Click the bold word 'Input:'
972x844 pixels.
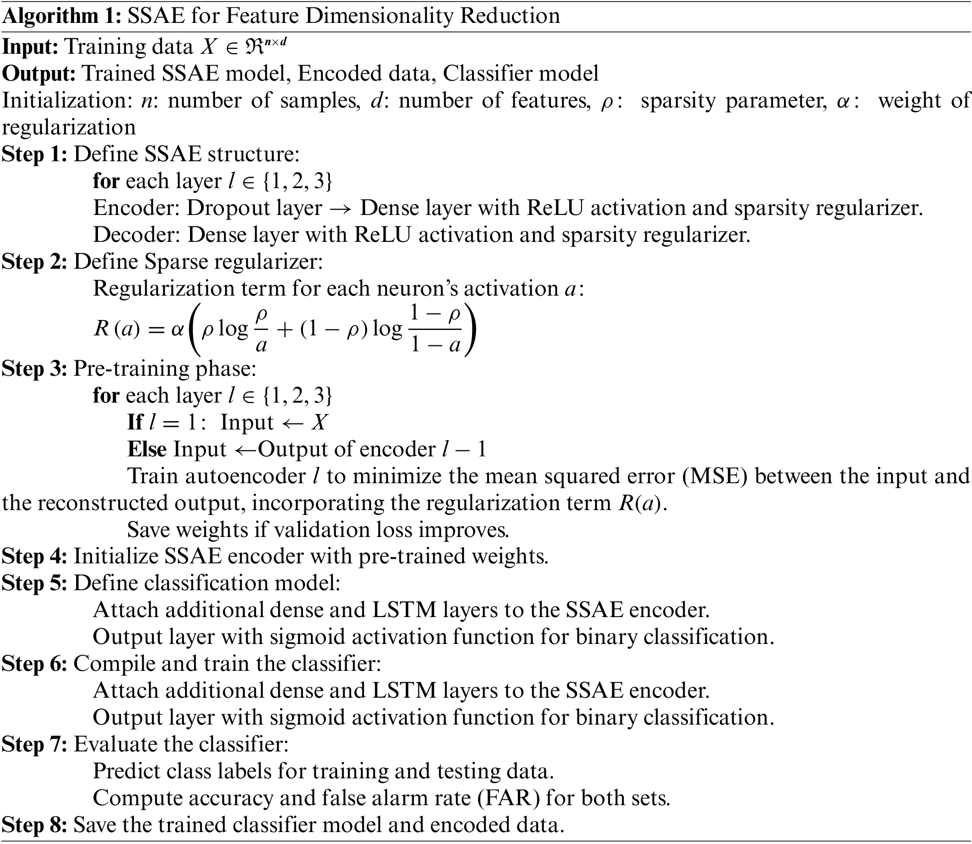(30, 47)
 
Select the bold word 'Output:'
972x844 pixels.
(38, 74)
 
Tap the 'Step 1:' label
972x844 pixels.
(34, 154)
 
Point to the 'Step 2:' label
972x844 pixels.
(34, 262)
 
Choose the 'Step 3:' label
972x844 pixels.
(34, 369)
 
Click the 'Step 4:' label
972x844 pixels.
(34, 556)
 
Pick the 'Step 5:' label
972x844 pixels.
(34, 583)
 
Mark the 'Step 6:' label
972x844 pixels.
(34, 663)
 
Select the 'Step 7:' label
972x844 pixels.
(34, 744)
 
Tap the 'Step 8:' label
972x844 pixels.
(34, 825)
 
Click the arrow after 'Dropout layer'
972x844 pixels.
(341, 209)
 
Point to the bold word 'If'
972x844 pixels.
(135, 422)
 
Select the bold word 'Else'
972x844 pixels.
(147, 449)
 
